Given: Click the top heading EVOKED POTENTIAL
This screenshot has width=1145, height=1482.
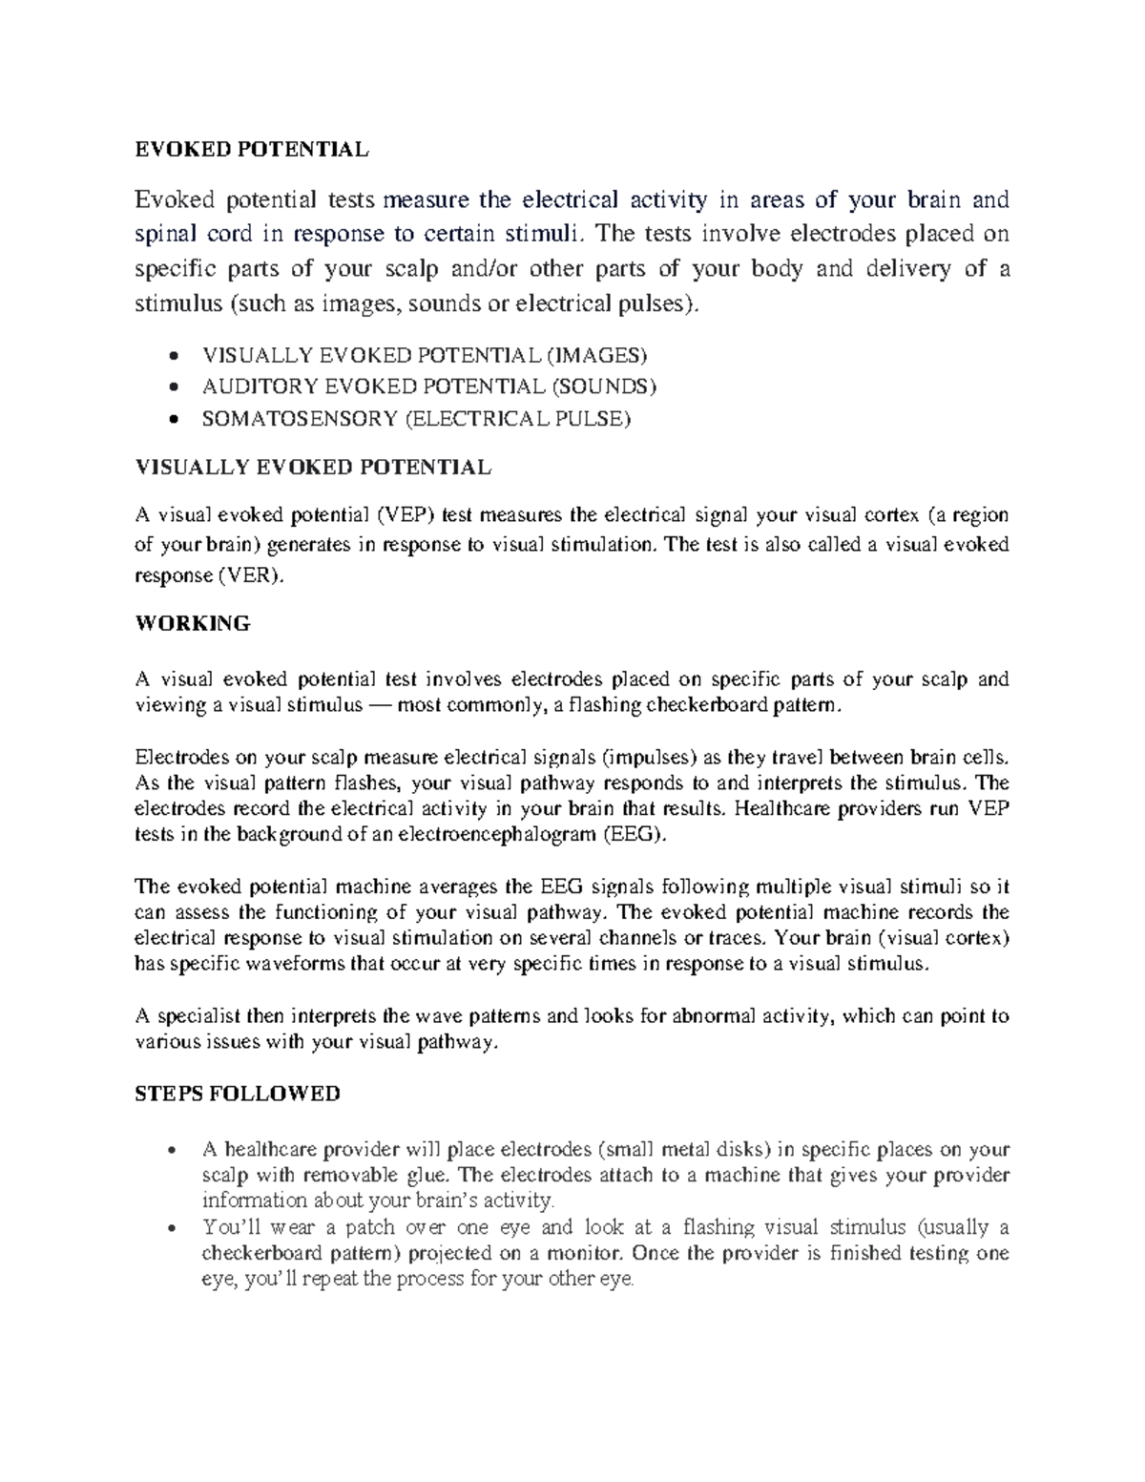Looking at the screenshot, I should pos(251,149).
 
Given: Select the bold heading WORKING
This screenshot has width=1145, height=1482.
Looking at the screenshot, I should pos(193,624).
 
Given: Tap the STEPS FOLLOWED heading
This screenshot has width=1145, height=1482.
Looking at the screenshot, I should pos(238,1094).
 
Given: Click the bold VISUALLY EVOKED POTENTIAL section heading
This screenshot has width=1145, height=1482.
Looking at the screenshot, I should pos(314,468).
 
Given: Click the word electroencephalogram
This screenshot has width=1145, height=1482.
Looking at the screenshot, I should pos(511,834).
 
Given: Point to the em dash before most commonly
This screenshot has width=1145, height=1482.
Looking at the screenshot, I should pos(380,706).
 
